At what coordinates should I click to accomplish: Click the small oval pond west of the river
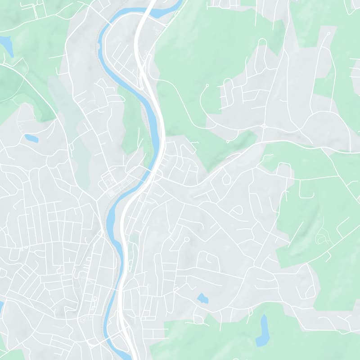[31, 138]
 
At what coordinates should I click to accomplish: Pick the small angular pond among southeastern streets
[202, 298]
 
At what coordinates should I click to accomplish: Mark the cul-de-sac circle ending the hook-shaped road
[207, 85]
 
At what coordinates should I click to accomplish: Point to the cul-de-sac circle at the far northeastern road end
[329, 34]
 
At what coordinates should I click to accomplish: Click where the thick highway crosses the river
[153, 172]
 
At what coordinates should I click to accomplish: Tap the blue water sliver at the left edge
[1, 306]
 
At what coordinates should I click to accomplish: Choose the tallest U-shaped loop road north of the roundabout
[261, 49]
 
